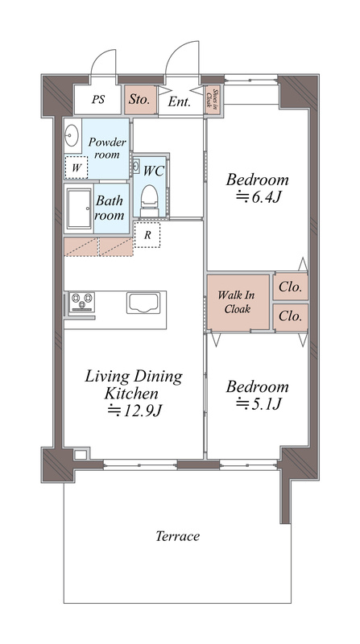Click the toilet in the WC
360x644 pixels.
(x=149, y=200)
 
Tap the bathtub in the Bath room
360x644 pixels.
(x=79, y=208)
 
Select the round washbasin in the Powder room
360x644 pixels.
(x=72, y=134)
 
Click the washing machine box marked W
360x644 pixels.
(x=76, y=167)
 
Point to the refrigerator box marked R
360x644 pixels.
(x=147, y=235)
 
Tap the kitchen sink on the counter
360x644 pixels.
(x=143, y=303)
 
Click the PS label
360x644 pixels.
(x=98, y=99)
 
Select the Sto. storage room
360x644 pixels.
(x=141, y=100)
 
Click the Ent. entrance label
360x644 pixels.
(x=179, y=102)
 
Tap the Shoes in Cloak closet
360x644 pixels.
(x=213, y=100)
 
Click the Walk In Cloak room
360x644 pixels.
(x=238, y=302)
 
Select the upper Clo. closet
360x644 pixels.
(x=291, y=287)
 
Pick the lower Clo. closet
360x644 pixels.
(x=291, y=316)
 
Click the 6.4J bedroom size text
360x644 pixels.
(x=258, y=198)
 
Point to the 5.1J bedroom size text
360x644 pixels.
(x=258, y=405)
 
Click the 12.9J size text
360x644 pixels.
(x=135, y=411)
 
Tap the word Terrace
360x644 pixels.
(x=177, y=536)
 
